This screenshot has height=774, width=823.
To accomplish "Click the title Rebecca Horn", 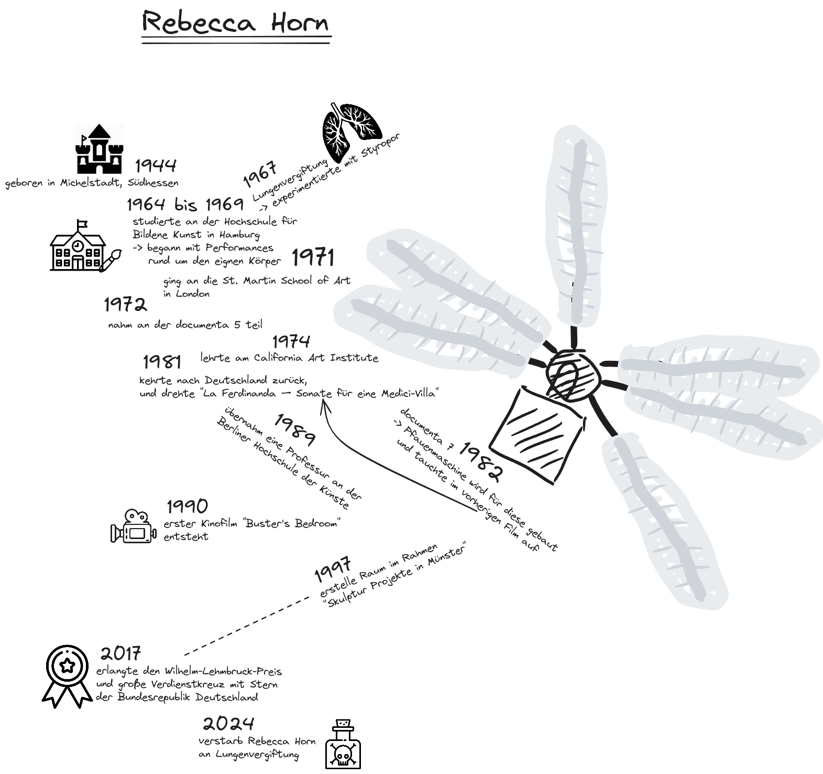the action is coord(236,24).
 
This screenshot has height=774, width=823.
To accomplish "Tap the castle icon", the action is coord(100,149).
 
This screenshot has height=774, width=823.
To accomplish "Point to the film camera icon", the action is coord(133,526).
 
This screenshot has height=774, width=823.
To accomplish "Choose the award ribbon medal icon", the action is coord(67,676).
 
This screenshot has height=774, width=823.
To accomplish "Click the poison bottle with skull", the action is coord(343,744).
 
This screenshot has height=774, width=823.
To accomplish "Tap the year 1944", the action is coord(156,166).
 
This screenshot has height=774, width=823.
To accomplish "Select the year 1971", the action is coord(313,257).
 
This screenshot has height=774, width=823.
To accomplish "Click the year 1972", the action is coord(125,305).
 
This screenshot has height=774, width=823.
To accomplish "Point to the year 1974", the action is coord(291,341).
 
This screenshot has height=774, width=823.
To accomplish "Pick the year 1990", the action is coord(188,507).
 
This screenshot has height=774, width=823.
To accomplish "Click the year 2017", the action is coord(121,653).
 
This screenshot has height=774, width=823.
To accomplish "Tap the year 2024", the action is coord(228,724).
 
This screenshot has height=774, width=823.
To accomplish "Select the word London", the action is coord(192,294).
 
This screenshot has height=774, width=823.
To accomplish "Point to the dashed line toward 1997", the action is coord(247,626).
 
